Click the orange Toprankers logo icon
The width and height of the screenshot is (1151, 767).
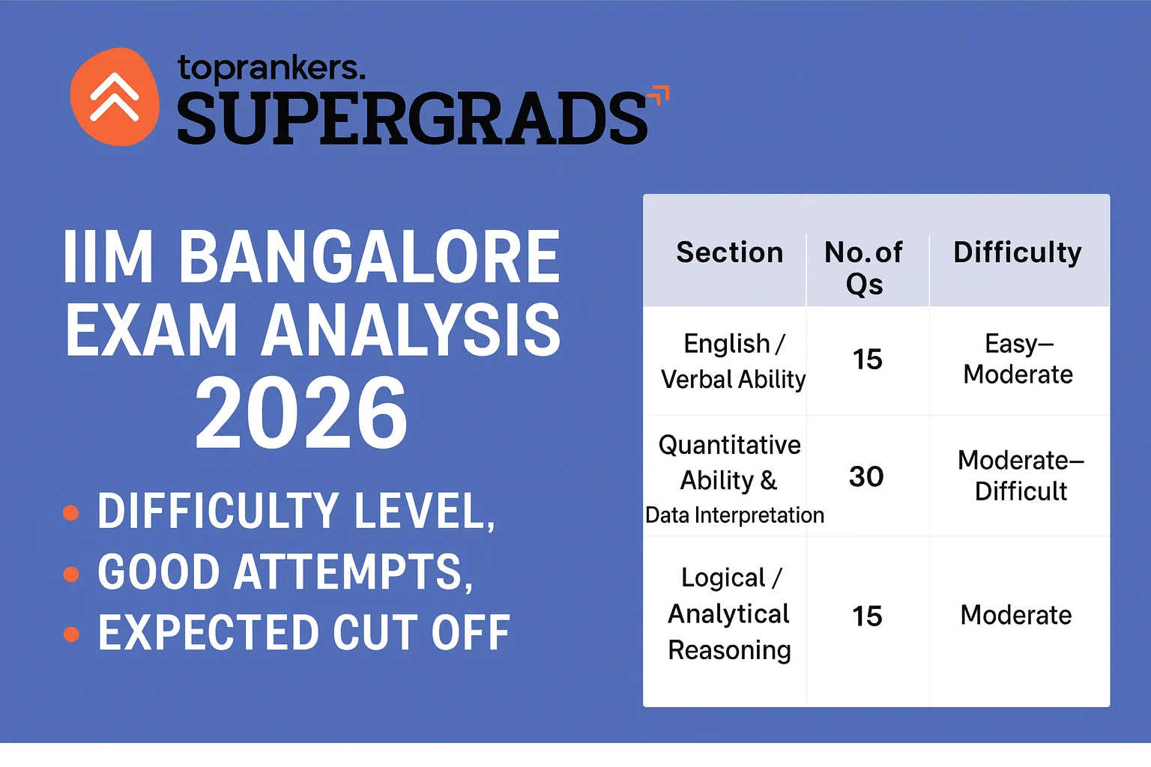point(115,97)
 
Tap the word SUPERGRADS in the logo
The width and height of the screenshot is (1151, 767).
point(411,118)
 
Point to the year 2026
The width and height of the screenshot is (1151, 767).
point(301,413)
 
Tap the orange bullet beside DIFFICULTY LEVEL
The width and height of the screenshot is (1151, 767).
point(71,513)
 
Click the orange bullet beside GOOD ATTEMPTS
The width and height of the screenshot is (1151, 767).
point(71,575)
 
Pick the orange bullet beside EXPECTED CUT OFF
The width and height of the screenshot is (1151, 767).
point(71,634)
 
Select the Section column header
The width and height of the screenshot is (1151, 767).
point(729,252)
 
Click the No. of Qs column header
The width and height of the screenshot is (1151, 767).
point(864,267)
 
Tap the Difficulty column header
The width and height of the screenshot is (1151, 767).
point(1018,252)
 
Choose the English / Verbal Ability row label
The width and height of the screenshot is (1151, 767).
point(733,361)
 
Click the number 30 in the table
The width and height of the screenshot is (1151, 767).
point(866,476)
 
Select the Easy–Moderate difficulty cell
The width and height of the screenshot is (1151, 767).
point(1018,359)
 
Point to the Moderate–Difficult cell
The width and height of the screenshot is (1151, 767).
point(1021,476)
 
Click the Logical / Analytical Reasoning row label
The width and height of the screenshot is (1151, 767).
point(729,613)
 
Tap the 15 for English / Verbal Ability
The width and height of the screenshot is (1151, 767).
point(868,360)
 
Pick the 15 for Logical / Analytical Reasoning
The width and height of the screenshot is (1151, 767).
point(867,616)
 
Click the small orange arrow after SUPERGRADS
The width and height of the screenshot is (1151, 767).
point(659,96)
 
